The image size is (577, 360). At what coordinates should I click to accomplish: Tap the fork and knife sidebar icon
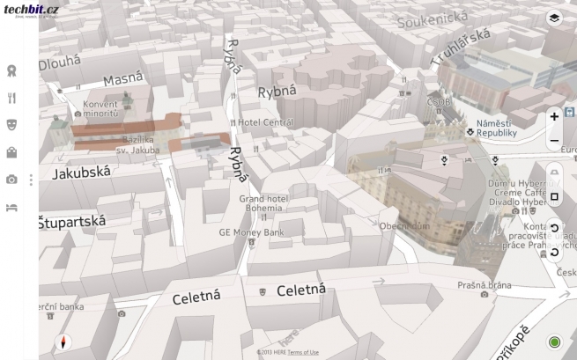[x=11, y=99]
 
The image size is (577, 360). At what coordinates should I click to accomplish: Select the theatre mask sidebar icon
[x=11, y=125]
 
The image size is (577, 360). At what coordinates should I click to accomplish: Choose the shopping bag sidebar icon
[x=11, y=152]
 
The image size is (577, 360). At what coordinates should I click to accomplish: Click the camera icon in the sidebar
[x=11, y=180]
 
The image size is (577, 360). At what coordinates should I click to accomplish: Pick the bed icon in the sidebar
[x=11, y=208]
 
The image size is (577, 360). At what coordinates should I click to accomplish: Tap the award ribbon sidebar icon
[x=11, y=70]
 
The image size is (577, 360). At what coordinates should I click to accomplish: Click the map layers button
[x=554, y=18]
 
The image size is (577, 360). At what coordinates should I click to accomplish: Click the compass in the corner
[x=61, y=342]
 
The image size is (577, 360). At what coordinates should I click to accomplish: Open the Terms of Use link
[x=303, y=352]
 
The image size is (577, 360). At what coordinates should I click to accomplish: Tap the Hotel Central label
[x=265, y=122]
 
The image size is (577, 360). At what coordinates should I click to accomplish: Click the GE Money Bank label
[x=252, y=232]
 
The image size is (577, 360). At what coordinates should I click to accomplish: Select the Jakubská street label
[x=81, y=173]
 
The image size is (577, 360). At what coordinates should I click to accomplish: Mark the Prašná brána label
[x=484, y=285]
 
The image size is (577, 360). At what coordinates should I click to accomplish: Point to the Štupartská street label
[x=71, y=222]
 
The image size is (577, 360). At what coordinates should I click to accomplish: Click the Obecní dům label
[x=404, y=226]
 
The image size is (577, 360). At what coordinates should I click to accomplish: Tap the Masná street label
[x=122, y=80]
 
